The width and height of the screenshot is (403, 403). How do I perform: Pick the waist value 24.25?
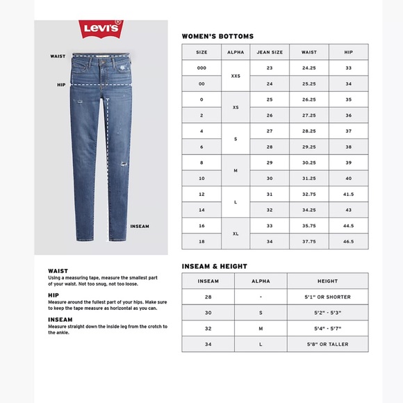click(x=309, y=68)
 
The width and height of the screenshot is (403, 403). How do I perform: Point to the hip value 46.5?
click(x=349, y=241)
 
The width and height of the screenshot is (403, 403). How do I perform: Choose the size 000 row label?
click(x=201, y=68)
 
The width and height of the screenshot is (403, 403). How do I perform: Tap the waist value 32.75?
click(x=309, y=193)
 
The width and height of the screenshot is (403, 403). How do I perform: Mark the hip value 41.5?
click(x=349, y=193)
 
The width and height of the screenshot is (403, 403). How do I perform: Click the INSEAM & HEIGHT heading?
click(x=214, y=266)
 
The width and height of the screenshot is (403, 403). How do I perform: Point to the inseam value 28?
click(x=208, y=297)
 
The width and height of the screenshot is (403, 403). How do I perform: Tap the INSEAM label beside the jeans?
click(x=140, y=227)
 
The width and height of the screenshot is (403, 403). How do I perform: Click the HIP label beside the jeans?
click(x=60, y=85)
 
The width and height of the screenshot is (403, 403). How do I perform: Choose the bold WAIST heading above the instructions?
click(x=58, y=271)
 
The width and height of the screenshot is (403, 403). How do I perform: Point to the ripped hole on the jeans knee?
click(x=123, y=165)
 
